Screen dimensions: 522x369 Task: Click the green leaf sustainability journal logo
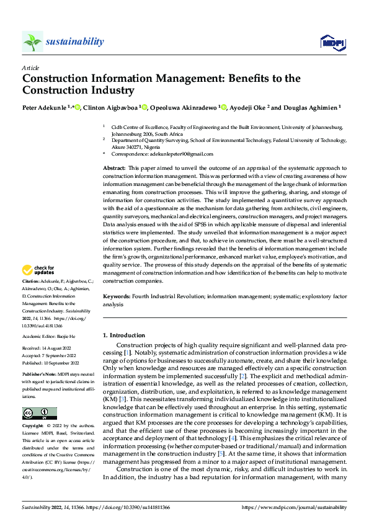[x=32, y=42]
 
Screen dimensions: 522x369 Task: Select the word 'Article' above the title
[x=30, y=68]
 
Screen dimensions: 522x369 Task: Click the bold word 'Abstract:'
[x=114, y=168]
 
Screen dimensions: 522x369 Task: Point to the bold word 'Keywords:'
[x=116, y=297]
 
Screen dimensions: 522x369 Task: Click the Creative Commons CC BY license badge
[x=40, y=414]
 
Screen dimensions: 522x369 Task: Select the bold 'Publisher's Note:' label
[x=40, y=376]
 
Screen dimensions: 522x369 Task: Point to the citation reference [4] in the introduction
[x=249, y=438]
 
